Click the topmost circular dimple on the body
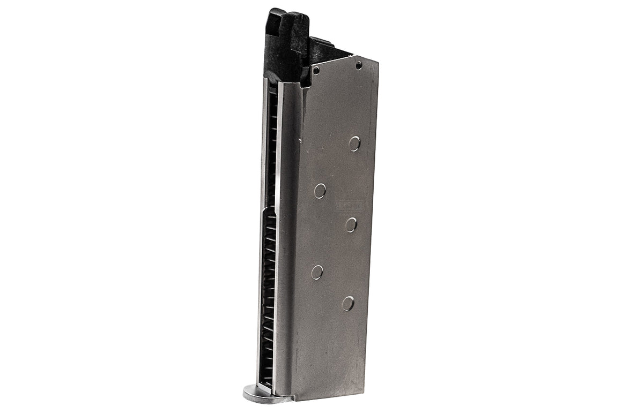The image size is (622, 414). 354,143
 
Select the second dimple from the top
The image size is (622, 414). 320,191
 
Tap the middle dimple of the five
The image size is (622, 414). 351,224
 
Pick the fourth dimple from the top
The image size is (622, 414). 317,272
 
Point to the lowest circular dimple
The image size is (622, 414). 348,304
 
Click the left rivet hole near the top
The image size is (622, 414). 316,70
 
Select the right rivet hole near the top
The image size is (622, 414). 359,65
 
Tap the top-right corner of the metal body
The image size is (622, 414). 377,62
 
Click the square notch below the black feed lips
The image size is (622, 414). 306,80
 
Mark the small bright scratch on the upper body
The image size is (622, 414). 301,142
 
